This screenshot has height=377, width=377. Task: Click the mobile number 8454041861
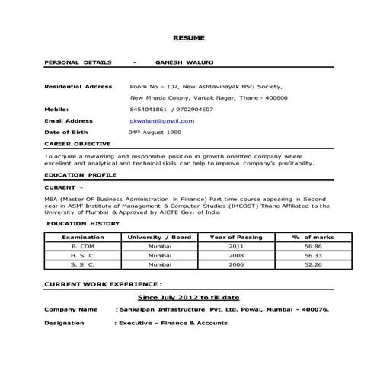click(145, 109)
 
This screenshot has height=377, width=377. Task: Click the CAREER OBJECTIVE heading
click(78, 143)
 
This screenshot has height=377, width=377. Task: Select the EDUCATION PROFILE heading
click(80, 175)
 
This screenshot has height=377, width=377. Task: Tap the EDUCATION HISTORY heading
click(82, 224)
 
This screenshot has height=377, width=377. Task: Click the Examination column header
click(83, 238)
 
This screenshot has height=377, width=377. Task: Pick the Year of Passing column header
click(235, 238)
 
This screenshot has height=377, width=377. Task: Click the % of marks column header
click(313, 238)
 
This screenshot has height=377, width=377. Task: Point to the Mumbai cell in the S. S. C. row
click(160, 264)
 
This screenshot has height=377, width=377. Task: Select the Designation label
click(65, 323)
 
